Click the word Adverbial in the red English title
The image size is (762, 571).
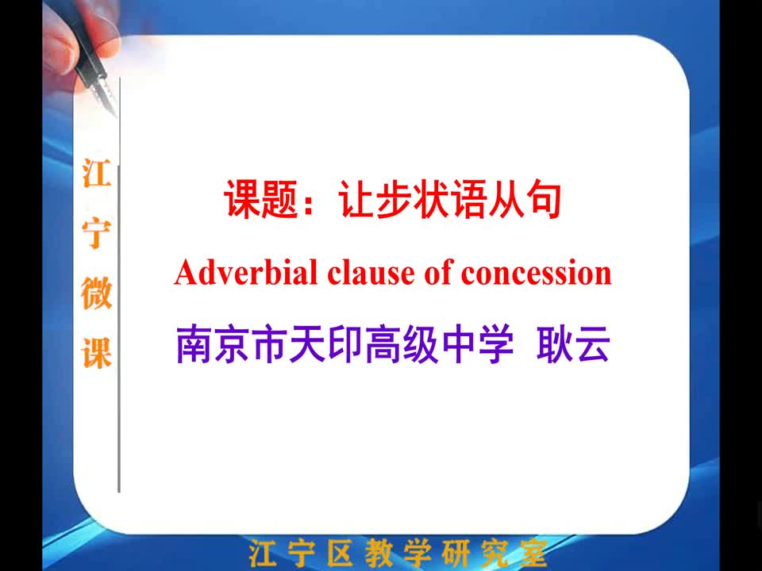click(x=245, y=272)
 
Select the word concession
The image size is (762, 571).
click(x=536, y=274)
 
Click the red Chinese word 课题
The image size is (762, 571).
click(x=260, y=199)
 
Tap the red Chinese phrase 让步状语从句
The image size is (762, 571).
click(x=450, y=199)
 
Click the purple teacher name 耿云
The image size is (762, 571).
click(x=573, y=343)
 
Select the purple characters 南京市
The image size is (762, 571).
click(x=231, y=343)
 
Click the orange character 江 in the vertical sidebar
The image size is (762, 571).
click(x=96, y=173)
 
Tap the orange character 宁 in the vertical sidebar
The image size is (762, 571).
click(x=96, y=233)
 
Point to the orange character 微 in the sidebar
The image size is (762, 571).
click(x=96, y=293)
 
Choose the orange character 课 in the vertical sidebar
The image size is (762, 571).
click(x=96, y=353)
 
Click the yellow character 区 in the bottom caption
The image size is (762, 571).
click(x=340, y=554)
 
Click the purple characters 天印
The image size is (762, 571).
click(x=325, y=343)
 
